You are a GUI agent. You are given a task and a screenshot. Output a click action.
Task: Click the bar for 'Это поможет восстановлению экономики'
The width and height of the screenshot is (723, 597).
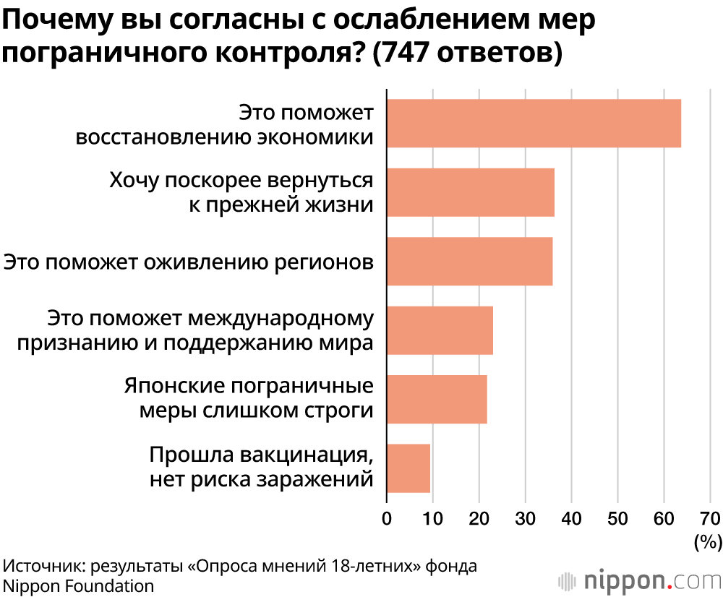coord(534,124)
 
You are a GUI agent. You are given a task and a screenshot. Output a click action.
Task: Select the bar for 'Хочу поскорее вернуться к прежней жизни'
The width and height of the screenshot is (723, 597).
coord(471,192)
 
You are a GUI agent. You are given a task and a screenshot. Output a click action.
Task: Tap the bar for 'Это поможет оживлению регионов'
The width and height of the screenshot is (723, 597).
coord(469,261)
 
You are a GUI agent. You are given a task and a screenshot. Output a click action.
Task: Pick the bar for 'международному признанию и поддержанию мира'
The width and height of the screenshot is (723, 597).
coord(440,330)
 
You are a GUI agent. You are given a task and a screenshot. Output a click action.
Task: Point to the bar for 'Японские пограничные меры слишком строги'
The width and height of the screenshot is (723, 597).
coord(437,399)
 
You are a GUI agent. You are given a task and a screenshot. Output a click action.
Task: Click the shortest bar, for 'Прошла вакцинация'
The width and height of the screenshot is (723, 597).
coord(408,468)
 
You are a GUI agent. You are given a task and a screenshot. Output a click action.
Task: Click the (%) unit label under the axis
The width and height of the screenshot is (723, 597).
coord(707,541)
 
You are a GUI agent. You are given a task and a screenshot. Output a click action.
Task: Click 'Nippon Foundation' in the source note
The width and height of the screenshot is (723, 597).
coord(79,585)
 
